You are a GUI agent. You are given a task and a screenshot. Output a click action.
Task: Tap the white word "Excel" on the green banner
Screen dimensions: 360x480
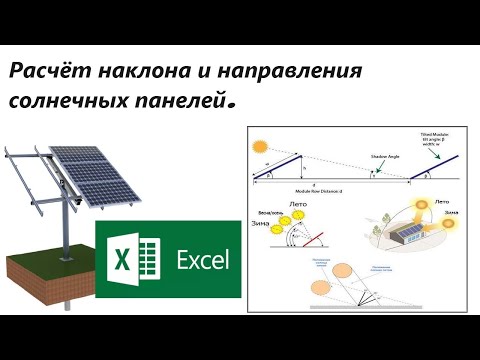coord(201,262)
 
